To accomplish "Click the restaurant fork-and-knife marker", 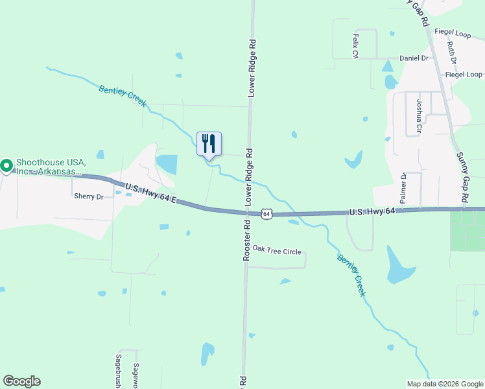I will (209, 144).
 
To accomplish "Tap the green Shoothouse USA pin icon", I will (6, 166).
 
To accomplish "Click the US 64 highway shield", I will (266, 213).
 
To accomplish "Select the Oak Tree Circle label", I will (277, 251).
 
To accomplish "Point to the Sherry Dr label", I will (89, 196).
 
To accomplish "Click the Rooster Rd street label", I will (246, 239).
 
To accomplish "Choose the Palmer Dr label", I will (403, 188).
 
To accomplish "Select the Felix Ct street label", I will (355, 46).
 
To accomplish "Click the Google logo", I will (21, 381).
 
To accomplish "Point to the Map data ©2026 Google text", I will (444, 384).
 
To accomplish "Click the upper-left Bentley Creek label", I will (123, 96).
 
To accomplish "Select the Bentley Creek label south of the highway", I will (351, 276).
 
